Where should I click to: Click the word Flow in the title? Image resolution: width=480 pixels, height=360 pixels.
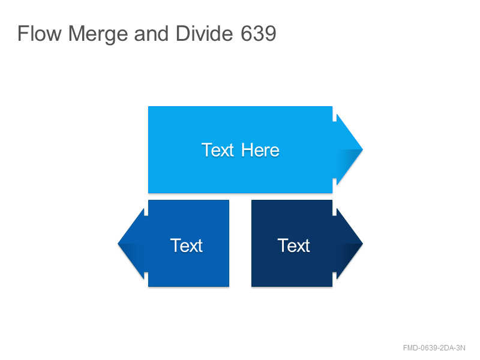[40, 33]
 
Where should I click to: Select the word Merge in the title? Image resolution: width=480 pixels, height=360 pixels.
[98, 34]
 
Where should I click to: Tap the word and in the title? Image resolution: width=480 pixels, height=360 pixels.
[151, 33]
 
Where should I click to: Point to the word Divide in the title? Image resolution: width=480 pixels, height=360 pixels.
[204, 33]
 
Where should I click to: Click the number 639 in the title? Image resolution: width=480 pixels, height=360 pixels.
[259, 33]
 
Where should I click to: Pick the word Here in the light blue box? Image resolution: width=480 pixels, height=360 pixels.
[260, 150]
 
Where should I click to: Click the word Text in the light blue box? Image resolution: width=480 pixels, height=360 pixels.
[218, 150]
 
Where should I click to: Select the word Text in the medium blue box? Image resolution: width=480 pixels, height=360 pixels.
[186, 245]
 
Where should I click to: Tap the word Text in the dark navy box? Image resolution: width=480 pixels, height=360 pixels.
[293, 245]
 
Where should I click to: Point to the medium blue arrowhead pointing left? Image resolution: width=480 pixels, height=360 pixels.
[133, 244]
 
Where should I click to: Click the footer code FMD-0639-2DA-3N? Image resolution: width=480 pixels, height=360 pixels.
[434, 348]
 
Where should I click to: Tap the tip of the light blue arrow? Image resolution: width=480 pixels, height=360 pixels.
[363, 149]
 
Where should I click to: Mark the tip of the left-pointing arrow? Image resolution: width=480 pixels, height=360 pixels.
[118, 244]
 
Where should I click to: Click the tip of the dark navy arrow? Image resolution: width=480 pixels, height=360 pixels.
[363, 244]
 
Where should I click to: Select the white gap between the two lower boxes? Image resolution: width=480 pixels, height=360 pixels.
[241, 244]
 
